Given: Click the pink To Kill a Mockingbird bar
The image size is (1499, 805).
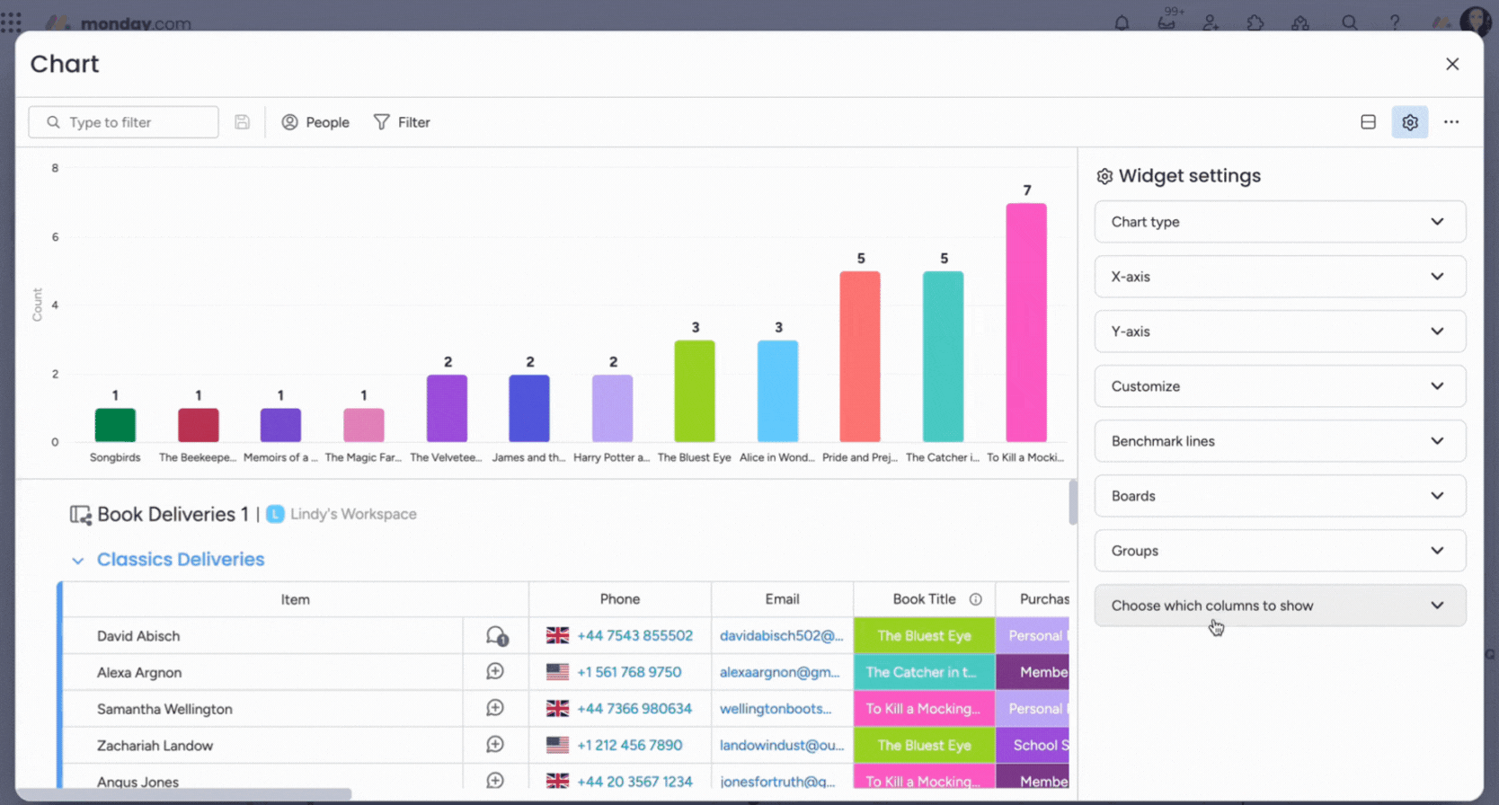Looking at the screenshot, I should point(1025,323).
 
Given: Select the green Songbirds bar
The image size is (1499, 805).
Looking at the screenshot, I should point(115,425).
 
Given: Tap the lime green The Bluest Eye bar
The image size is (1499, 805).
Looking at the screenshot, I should point(695,391).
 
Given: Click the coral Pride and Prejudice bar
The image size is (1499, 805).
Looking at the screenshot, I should point(860,357).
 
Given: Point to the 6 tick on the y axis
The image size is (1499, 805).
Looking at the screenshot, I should point(55,237).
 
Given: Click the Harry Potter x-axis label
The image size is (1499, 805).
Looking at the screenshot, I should point(611,457).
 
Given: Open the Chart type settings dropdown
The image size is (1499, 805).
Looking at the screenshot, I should point(1279,222).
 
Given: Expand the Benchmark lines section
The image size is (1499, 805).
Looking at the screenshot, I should point(1279,441).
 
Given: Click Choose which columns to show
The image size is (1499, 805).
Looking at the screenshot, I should point(1279,606).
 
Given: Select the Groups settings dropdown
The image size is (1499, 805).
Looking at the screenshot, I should point(1279,551).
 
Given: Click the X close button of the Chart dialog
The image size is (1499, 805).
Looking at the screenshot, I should point(1451,64).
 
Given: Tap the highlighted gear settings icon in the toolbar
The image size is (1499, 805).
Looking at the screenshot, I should point(1409,122).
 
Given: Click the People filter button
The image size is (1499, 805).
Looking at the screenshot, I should point(315,122).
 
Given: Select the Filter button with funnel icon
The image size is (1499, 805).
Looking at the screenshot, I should point(402,122).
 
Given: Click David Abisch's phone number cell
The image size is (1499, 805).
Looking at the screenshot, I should point(634,636).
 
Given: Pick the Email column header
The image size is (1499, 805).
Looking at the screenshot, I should point(782,599).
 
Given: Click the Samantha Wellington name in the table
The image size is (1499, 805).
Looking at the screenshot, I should point(164,709).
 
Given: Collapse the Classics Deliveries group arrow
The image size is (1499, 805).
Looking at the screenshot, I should point(78,561).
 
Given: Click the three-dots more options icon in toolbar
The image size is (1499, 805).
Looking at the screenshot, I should point(1450,122).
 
